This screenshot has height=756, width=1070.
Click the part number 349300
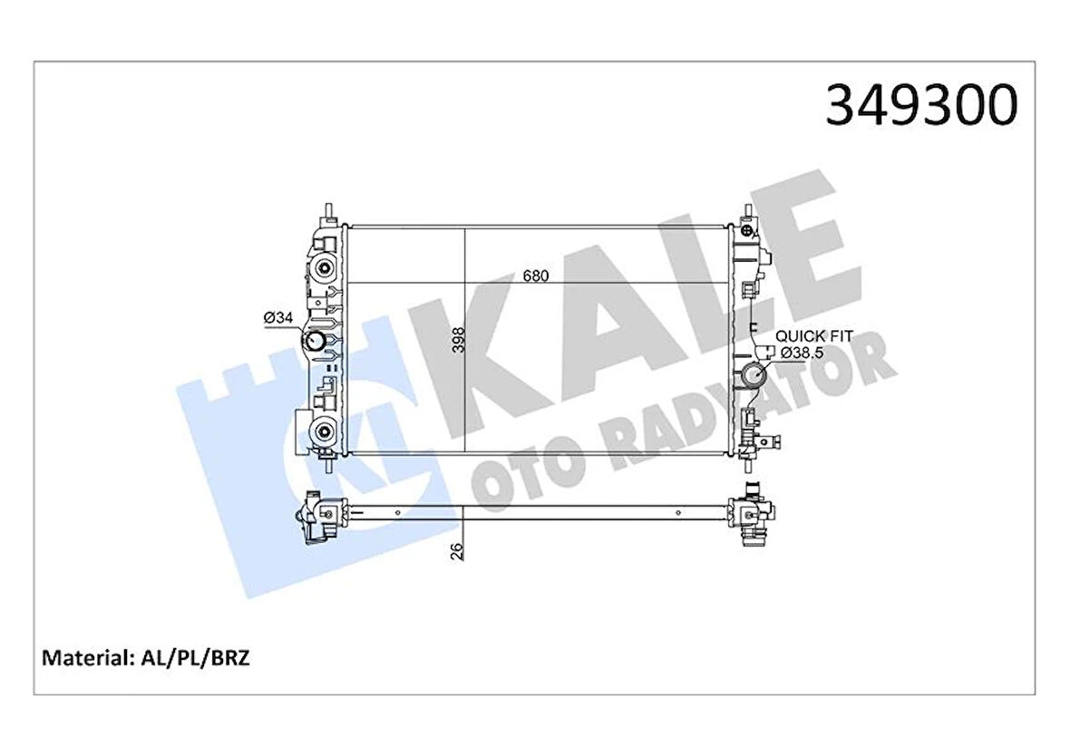pos(921,106)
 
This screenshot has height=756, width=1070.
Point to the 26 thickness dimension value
pos(457,549)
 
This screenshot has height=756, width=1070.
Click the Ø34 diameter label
pos(277,317)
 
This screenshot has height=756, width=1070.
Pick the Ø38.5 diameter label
pos(798,353)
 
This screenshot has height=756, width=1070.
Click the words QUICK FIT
pos(813,336)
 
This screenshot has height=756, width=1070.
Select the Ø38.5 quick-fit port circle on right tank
pos(753,375)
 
